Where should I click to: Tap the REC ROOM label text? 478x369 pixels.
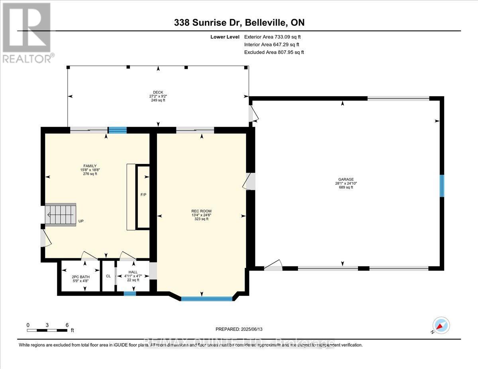point(201,211)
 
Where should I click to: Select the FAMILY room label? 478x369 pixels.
point(90,166)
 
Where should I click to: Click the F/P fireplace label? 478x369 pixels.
point(143,195)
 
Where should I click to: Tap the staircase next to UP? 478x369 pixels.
point(60,215)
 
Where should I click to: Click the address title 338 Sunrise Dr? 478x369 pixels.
point(239,23)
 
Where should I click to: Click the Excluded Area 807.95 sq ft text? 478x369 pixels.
point(274,52)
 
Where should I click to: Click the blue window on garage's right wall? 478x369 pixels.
point(441,185)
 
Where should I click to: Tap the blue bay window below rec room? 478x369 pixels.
point(207,298)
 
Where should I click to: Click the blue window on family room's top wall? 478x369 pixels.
point(118,129)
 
